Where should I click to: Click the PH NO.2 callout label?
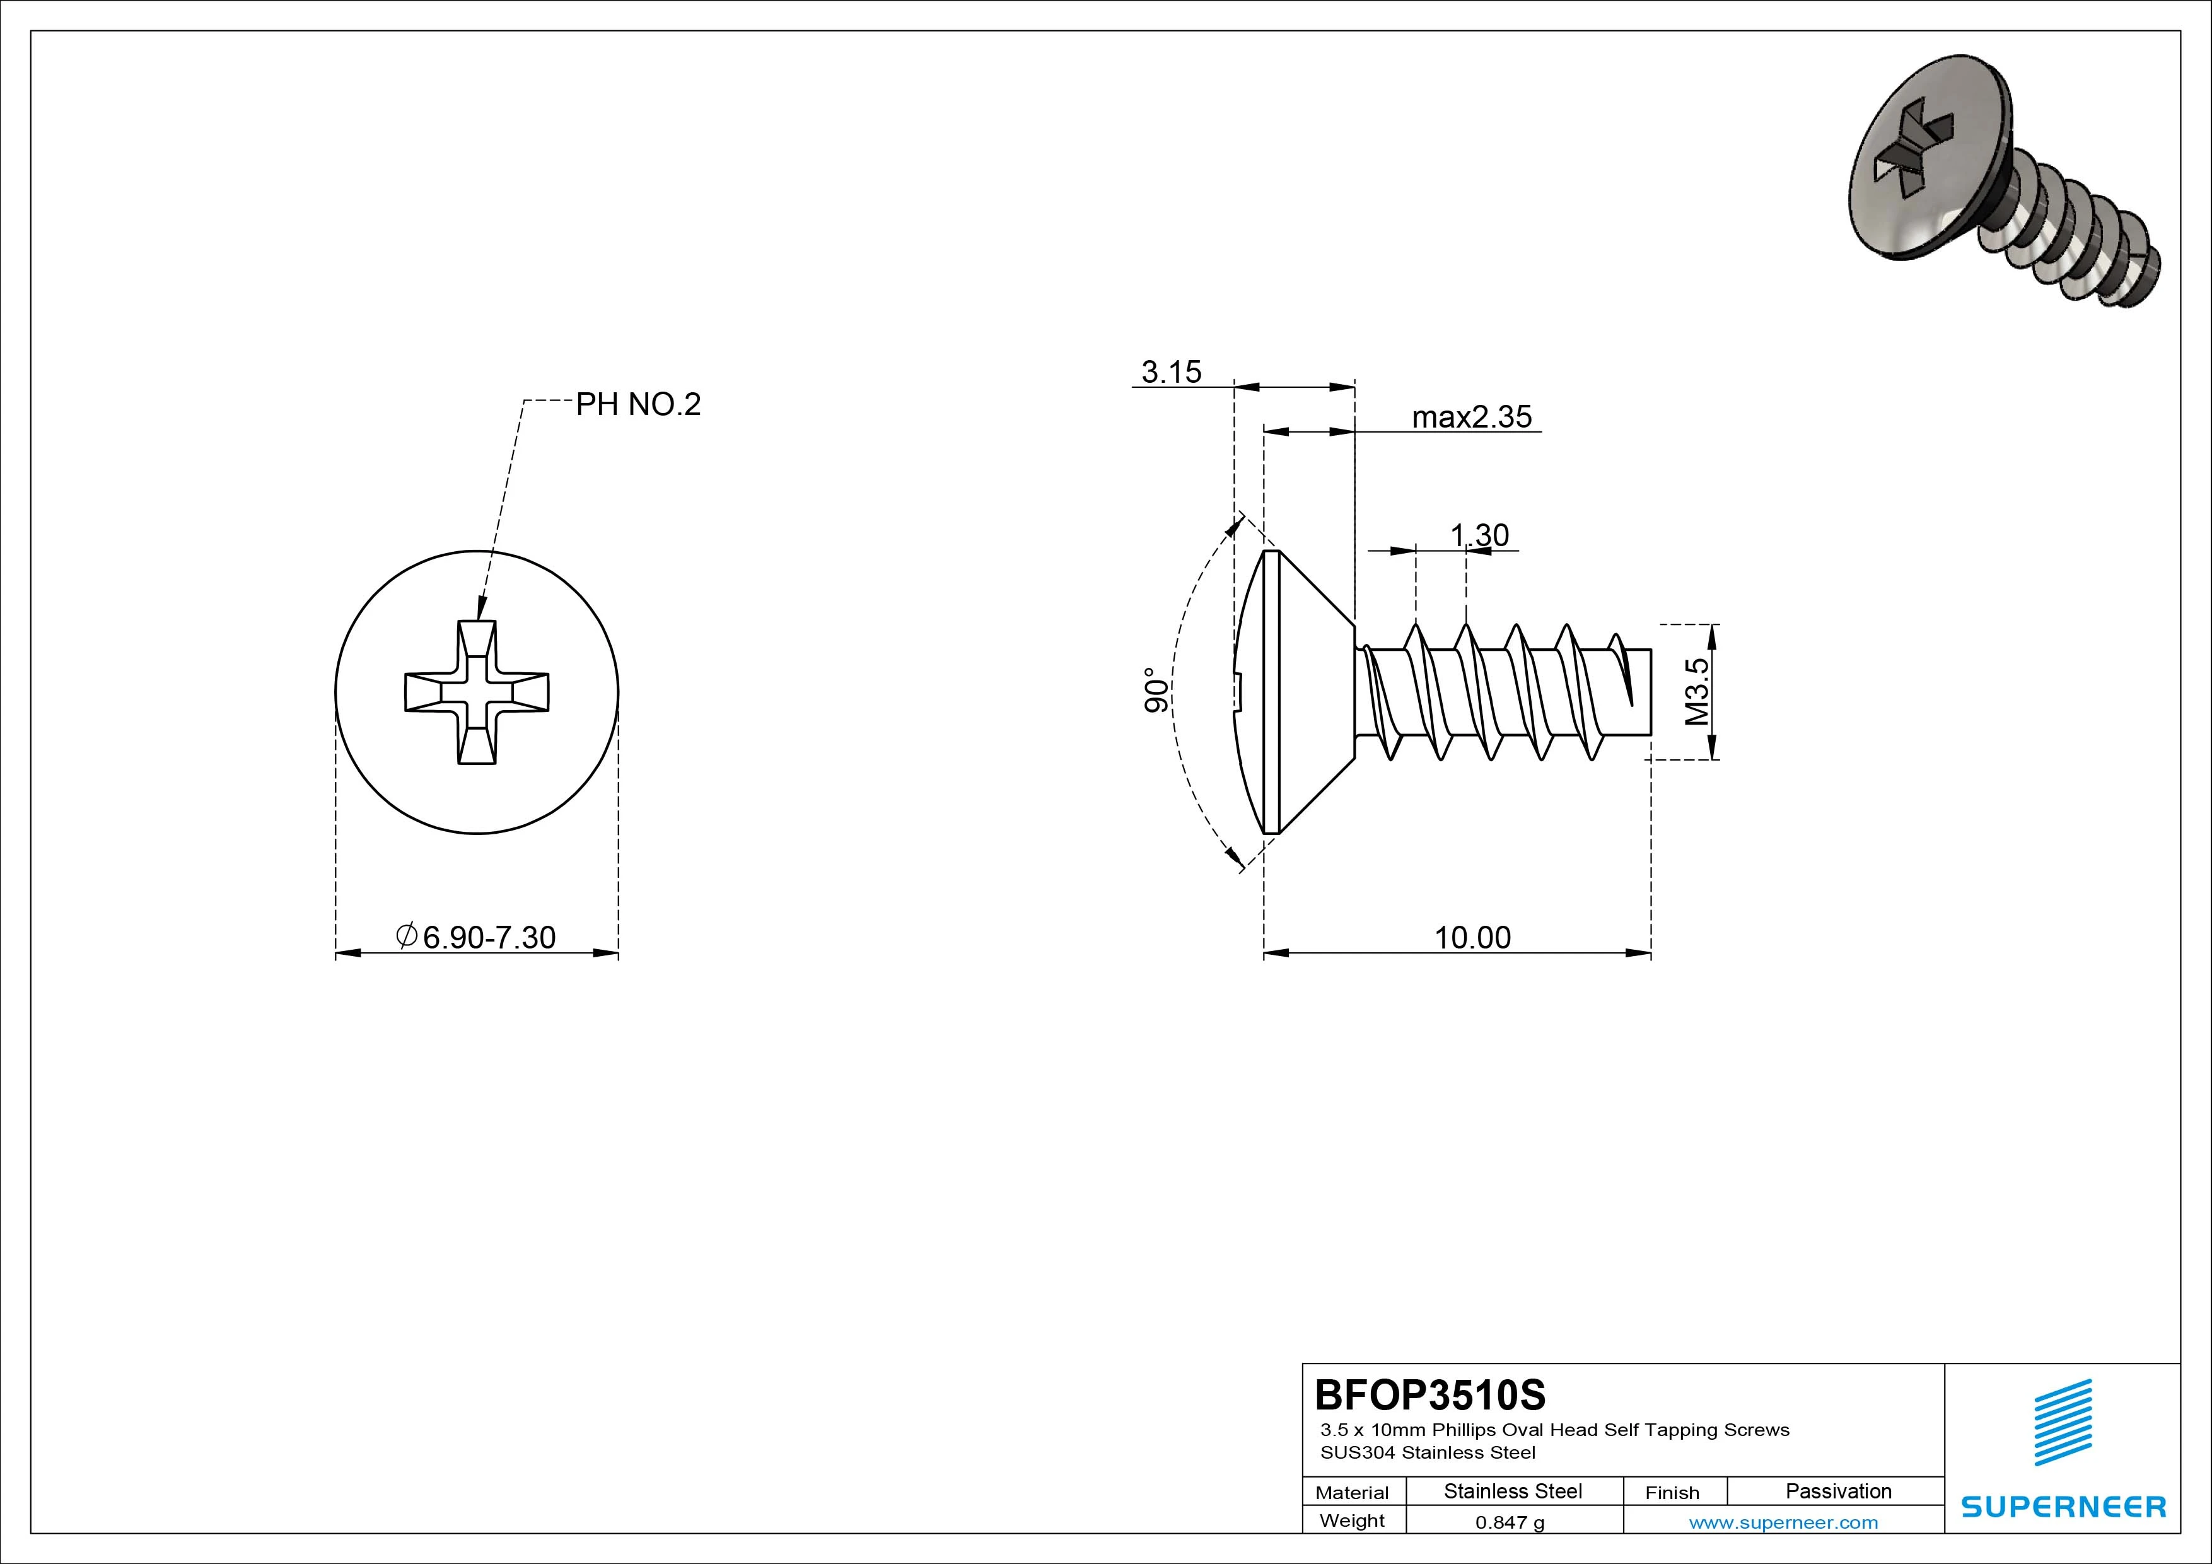(637, 405)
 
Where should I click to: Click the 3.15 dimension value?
(1172, 372)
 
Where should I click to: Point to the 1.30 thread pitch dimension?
(1480, 535)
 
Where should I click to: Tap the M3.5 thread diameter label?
(1697, 692)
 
